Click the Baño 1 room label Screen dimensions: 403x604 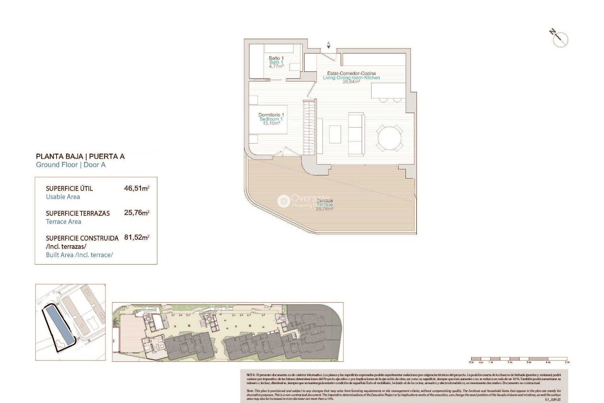(x=276, y=58)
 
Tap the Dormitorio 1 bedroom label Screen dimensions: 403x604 (x=271, y=115)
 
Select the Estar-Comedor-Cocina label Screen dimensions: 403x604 (x=351, y=73)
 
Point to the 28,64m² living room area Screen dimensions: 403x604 (x=351, y=82)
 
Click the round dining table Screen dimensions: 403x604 (x=389, y=138)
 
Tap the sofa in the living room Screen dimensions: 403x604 (x=356, y=134)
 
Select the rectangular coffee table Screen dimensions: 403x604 (x=335, y=134)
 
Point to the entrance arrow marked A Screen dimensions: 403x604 (x=328, y=46)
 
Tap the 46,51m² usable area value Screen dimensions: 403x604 (x=137, y=189)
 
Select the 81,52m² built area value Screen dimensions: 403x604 (x=137, y=237)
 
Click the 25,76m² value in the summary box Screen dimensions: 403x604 (x=137, y=213)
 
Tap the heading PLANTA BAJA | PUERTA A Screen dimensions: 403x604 (x=80, y=156)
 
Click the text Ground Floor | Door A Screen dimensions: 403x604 (x=71, y=165)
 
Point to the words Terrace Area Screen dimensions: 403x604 (x=64, y=222)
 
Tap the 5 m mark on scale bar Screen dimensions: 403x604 (x=567, y=362)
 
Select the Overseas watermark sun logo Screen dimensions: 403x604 (x=283, y=201)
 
